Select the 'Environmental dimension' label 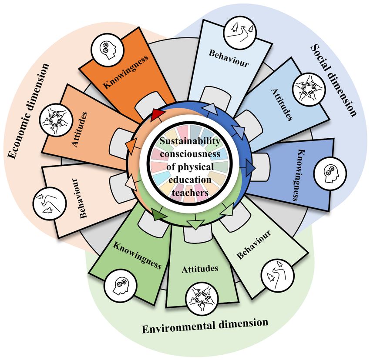coord(205,325)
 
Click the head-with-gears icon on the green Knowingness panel coord(119,285)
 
